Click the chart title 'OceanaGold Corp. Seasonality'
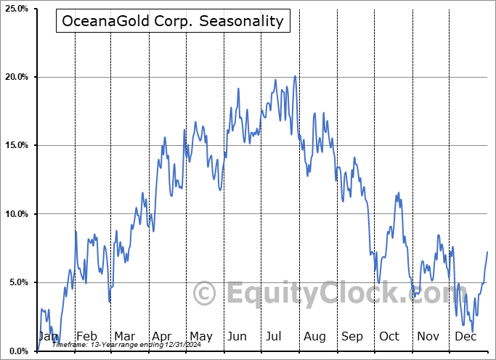(x=173, y=21)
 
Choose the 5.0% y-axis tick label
(x=17, y=282)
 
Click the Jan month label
(x=48, y=336)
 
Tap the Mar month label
(x=124, y=336)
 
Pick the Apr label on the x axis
(x=162, y=336)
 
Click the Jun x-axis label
(x=238, y=336)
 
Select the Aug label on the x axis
(x=314, y=336)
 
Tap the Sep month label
(x=352, y=336)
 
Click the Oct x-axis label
(x=390, y=336)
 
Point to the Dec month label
(x=465, y=336)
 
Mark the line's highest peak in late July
(x=295, y=76)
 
